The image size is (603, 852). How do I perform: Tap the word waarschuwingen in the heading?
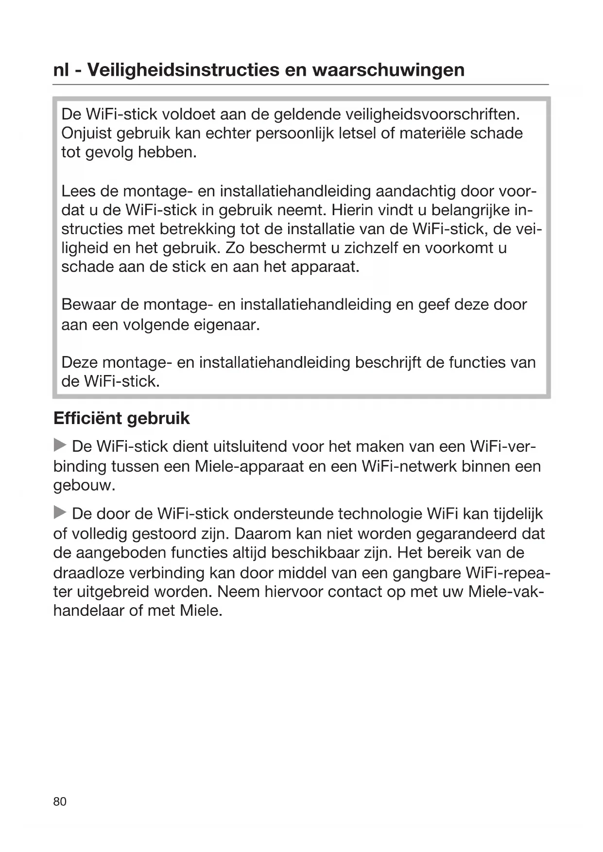tap(388, 70)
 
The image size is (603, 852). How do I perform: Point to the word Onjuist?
tap(86, 134)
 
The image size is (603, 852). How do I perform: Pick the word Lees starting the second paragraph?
tap(78, 191)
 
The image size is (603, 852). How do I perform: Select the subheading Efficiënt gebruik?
tap(121, 419)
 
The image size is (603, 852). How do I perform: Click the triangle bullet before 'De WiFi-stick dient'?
tap(60, 445)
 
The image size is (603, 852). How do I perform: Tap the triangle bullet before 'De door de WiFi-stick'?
tap(60, 512)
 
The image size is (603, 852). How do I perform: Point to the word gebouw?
tap(83, 486)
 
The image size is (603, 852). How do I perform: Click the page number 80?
tap(60, 801)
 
